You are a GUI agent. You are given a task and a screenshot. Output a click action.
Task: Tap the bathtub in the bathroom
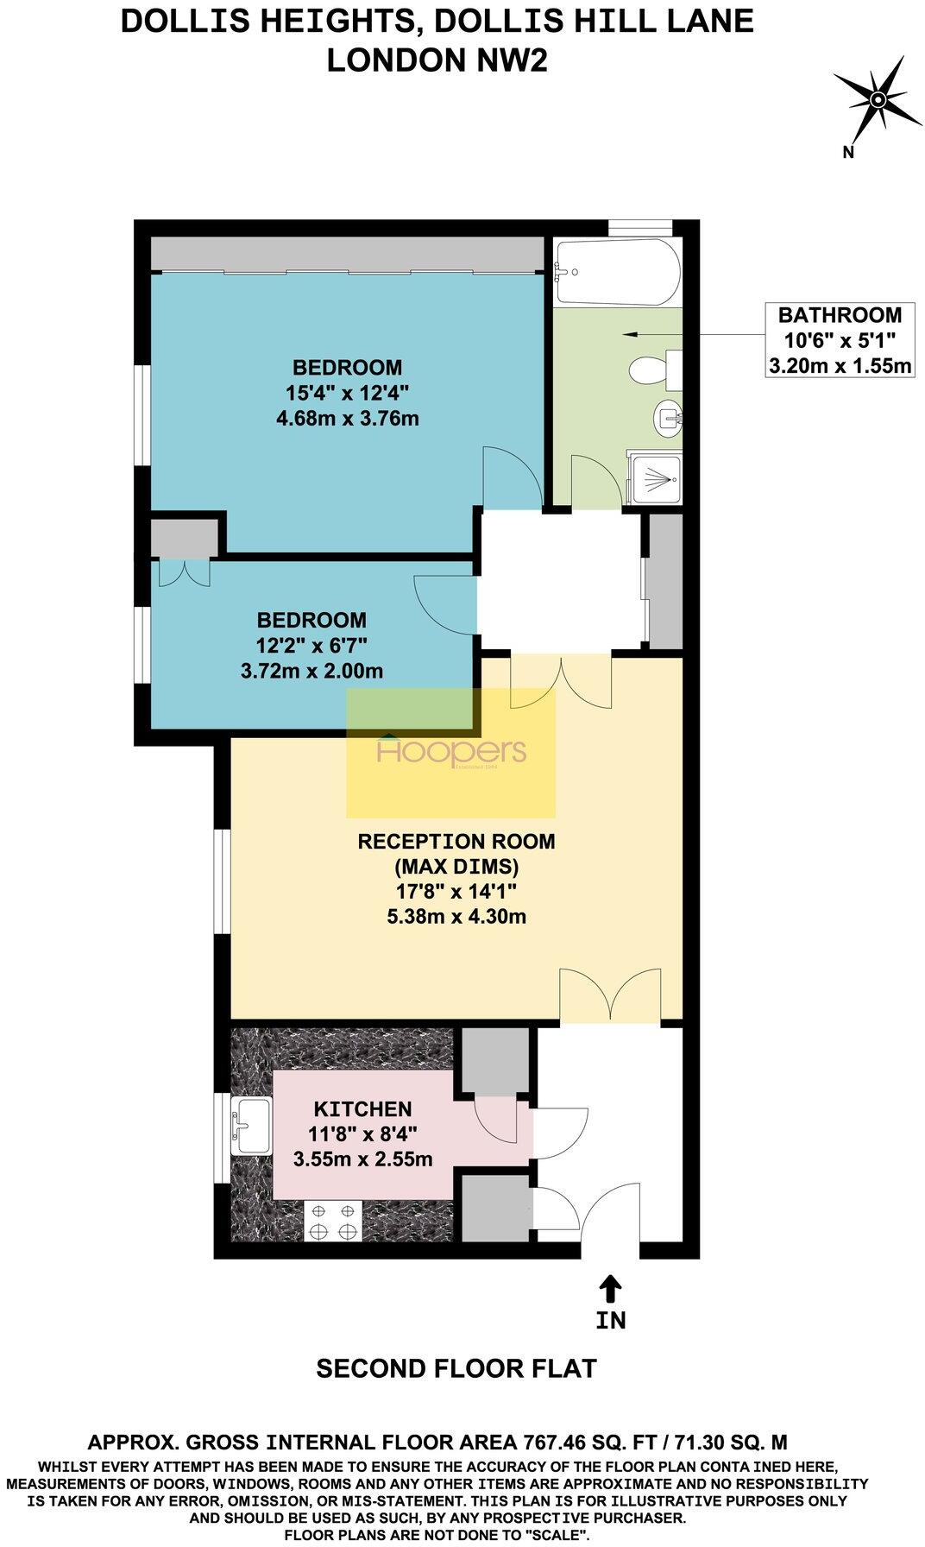(x=617, y=272)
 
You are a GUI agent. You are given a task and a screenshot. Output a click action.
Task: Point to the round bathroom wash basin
(x=667, y=417)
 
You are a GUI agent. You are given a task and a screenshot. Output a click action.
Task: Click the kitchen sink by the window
(x=251, y=1126)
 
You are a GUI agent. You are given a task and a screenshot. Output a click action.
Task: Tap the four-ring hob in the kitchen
(x=333, y=1221)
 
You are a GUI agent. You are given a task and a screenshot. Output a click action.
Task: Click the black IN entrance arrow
(x=610, y=1290)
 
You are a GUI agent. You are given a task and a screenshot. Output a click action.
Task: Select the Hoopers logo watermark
(x=451, y=753)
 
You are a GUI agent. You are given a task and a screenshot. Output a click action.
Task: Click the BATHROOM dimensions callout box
(x=839, y=340)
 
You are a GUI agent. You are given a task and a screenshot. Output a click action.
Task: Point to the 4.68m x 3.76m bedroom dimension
(x=348, y=420)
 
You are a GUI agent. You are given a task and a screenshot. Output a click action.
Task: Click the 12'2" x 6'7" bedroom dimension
(x=311, y=645)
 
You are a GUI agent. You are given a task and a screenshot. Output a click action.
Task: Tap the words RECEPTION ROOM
(x=456, y=841)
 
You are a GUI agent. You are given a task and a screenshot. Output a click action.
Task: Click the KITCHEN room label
(x=362, y=1109)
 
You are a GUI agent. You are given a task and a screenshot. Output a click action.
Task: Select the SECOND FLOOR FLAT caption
(x=456, y=1369)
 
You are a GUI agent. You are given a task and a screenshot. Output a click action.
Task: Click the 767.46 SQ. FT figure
(x=587, y=1442)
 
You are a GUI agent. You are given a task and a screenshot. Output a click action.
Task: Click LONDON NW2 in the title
(x=437, y=60)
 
